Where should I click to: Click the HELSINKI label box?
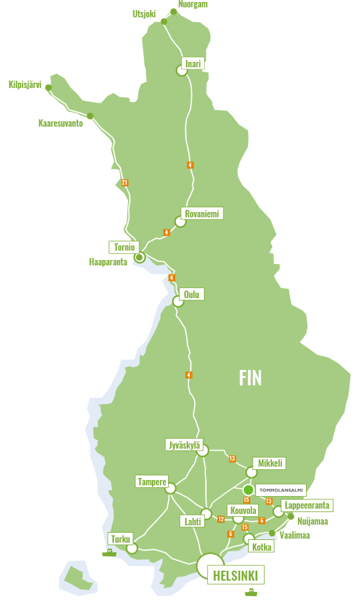(x=235, y=575)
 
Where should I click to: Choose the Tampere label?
(x=151, y=481)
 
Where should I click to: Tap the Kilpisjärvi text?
(x=25, y=85)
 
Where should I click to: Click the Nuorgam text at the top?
(x=193, y=4)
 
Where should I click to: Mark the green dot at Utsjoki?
(x=164, y=22)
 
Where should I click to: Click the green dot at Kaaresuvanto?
(x=90, y=116)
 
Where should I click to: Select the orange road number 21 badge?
(x=125, y=183)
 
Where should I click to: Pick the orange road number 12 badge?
(x=221, y=519)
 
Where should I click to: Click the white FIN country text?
(x=251, y=378)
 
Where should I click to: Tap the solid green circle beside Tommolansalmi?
(x=248, y=490)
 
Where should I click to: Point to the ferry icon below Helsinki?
(x=251, y=591)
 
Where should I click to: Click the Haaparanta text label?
(x=108, y=262)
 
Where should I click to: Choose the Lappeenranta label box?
(x=307, y=505)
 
